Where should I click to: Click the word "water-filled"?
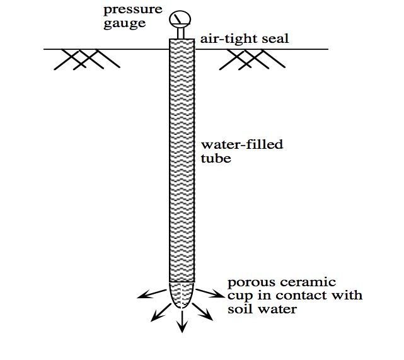(241, 145)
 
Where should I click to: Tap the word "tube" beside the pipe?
(216, 158)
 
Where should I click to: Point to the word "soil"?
(238, 309)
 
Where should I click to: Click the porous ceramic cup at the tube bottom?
(182, 293)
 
